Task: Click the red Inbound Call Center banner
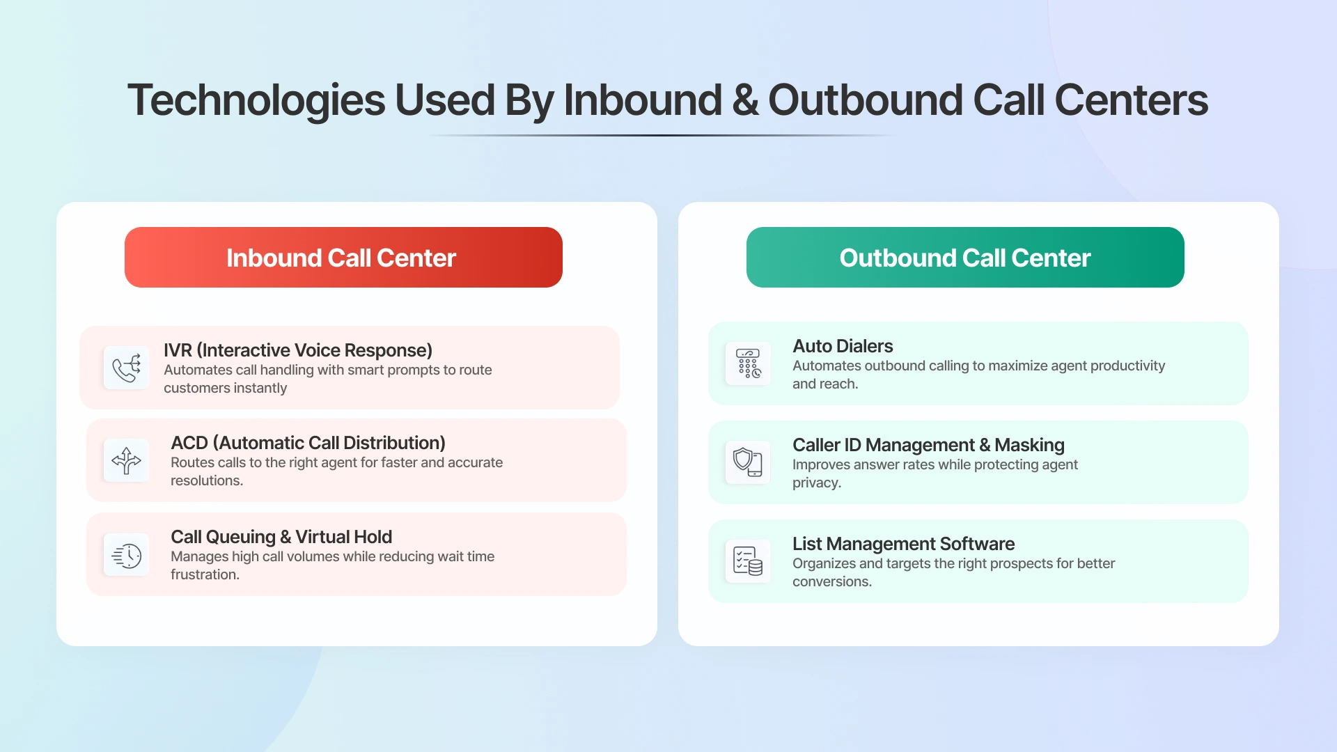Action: point(343,258)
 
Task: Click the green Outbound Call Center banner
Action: point(965,258)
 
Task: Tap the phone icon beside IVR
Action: point(126,368)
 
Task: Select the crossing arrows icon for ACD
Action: point(126,460)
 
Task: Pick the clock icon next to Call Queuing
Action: point(126,555)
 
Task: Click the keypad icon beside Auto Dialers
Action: point(748,363)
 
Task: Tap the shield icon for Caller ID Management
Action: point(748,462)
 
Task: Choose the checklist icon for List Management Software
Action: point(748,561)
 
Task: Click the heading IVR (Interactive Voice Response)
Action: point(298,350)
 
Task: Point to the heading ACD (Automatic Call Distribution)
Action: point(308,443)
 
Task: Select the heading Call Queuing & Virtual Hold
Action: point(281,537)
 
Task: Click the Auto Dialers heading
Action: point(843,346)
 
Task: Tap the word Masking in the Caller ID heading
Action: point(1029,445)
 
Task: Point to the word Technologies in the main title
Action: point(256,100)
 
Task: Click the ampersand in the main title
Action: point(745,100)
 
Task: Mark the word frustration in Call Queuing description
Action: point(204,574)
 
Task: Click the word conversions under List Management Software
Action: point(831,581)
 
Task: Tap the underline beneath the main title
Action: point(662,135)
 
